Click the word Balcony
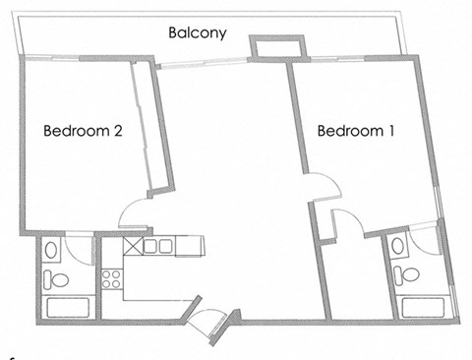197,32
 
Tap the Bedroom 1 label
356,131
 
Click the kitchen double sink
158,246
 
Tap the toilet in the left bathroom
56,280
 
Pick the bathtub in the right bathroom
421,304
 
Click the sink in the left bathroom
49,252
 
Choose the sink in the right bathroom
396,245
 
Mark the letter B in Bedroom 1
322,131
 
